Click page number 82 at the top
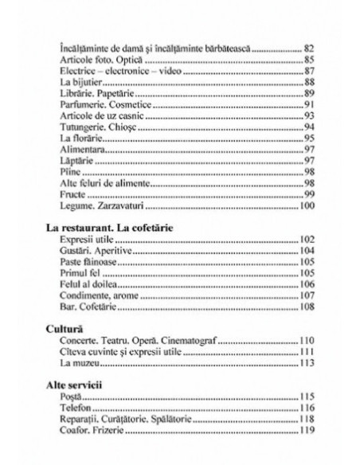click(x=312, y=49)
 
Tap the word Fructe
click(x=75, y=195)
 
